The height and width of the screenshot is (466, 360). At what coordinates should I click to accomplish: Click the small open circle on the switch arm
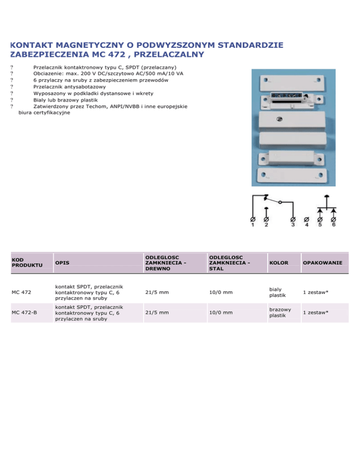280,203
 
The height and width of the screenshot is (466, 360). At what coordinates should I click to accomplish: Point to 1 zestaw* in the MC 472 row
315,293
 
